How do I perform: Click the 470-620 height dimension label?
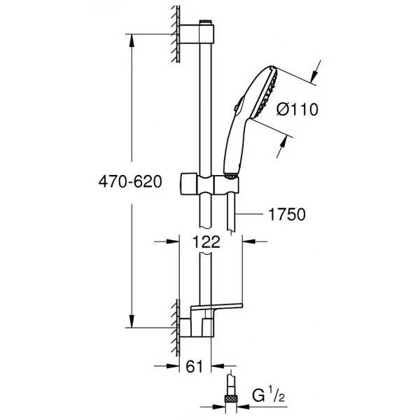point(130,182)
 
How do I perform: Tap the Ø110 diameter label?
point(297,110)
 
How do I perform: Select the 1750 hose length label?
point(287,214)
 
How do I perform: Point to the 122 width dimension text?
point(206,242)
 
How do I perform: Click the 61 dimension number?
point(195,366)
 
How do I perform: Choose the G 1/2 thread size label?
point(268,395)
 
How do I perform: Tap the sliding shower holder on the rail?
point(209,184)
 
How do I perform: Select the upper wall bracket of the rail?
point(197,34)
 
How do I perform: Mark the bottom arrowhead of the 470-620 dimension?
point(132,321)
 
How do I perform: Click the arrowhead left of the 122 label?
point(173,241)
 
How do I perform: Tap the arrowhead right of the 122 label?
point(248,241)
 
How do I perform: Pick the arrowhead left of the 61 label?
point(173,366)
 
